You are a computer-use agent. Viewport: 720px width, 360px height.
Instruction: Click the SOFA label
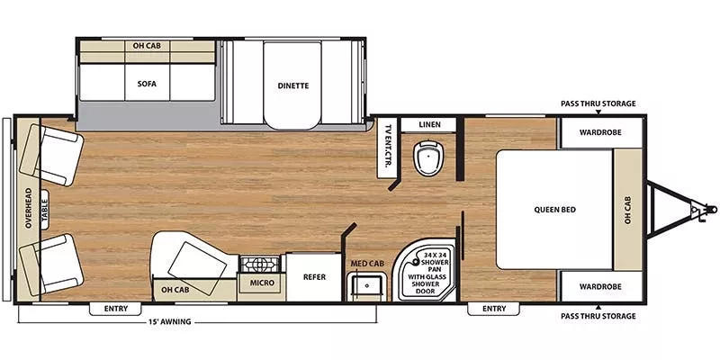(x=147, y=84)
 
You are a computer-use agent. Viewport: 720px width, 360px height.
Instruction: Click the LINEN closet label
(x=429, y=124)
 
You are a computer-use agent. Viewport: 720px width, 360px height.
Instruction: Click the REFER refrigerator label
(x=314, y=277)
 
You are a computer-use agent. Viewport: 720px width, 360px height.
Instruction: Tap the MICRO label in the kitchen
(x=263, y=283)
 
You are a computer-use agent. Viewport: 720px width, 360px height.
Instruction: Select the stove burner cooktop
(x=261, y=264)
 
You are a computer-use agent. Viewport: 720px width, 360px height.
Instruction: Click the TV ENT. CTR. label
(x=388, y=147)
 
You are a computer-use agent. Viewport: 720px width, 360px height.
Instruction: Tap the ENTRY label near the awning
(x=116, y=309)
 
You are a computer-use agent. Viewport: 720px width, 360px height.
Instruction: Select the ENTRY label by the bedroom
(x=493, y=309)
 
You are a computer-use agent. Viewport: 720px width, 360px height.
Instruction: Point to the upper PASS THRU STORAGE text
(x=598, y=103)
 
